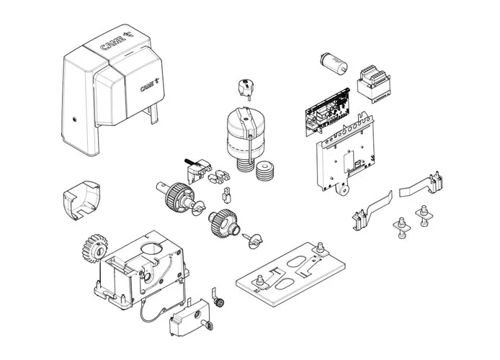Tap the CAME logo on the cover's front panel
click(149, 85)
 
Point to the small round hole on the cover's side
click(74, 120)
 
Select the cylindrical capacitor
click(333, 63)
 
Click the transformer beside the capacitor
click(374, 84)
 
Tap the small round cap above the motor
click(246, 88)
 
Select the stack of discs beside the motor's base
click(264, 171)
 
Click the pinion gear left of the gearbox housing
click(94, 248)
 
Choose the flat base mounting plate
click(291, 274)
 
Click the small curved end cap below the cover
click(81, 200)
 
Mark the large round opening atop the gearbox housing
click(152, 248)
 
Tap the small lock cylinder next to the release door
click(219, 302)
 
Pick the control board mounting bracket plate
click(345, 153)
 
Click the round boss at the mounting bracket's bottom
click(343, 190)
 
